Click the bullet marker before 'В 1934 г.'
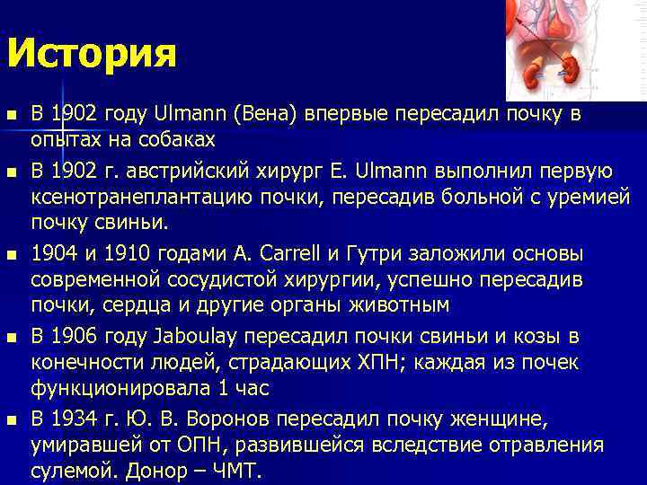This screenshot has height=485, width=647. coord(11,420)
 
